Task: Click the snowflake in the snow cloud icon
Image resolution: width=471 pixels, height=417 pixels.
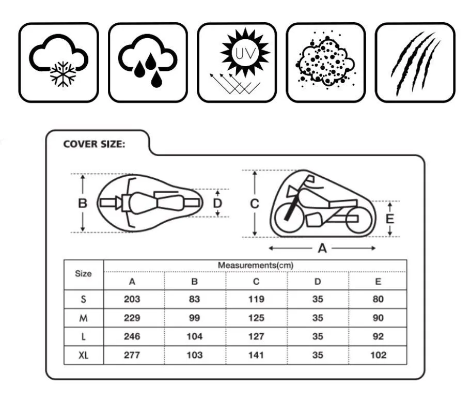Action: click(63, 74)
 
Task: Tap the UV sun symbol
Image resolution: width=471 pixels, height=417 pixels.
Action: click(245, 52)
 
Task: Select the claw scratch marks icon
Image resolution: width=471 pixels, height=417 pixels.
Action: click(416, 64)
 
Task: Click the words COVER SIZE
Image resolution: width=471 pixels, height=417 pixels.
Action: click(94, 144)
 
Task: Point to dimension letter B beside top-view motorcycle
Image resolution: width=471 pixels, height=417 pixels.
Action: click(83, 203)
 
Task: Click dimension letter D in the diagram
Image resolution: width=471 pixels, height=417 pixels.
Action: click(217, 203)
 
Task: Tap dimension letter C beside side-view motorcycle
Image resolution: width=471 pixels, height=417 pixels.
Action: click(255, 204)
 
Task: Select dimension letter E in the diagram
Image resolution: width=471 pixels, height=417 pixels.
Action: click(390, 219)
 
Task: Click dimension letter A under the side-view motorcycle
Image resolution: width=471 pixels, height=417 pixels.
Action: click(322, 249)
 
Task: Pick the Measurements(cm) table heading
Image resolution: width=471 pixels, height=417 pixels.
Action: click(255, 265)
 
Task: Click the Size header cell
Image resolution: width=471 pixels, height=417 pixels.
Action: click(83, 273)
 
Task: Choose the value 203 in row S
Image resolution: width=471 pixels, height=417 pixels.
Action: click(132, 299)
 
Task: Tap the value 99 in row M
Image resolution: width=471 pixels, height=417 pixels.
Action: click(194, 318)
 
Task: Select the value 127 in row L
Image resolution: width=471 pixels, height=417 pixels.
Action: click(256, 336)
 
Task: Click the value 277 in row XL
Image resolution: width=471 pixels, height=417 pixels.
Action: click(132, 355)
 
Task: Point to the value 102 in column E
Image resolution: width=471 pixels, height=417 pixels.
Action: click(378, 355)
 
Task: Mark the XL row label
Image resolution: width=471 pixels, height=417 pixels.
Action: click(83, 356)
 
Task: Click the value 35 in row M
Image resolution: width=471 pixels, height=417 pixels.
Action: click(318, 318)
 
